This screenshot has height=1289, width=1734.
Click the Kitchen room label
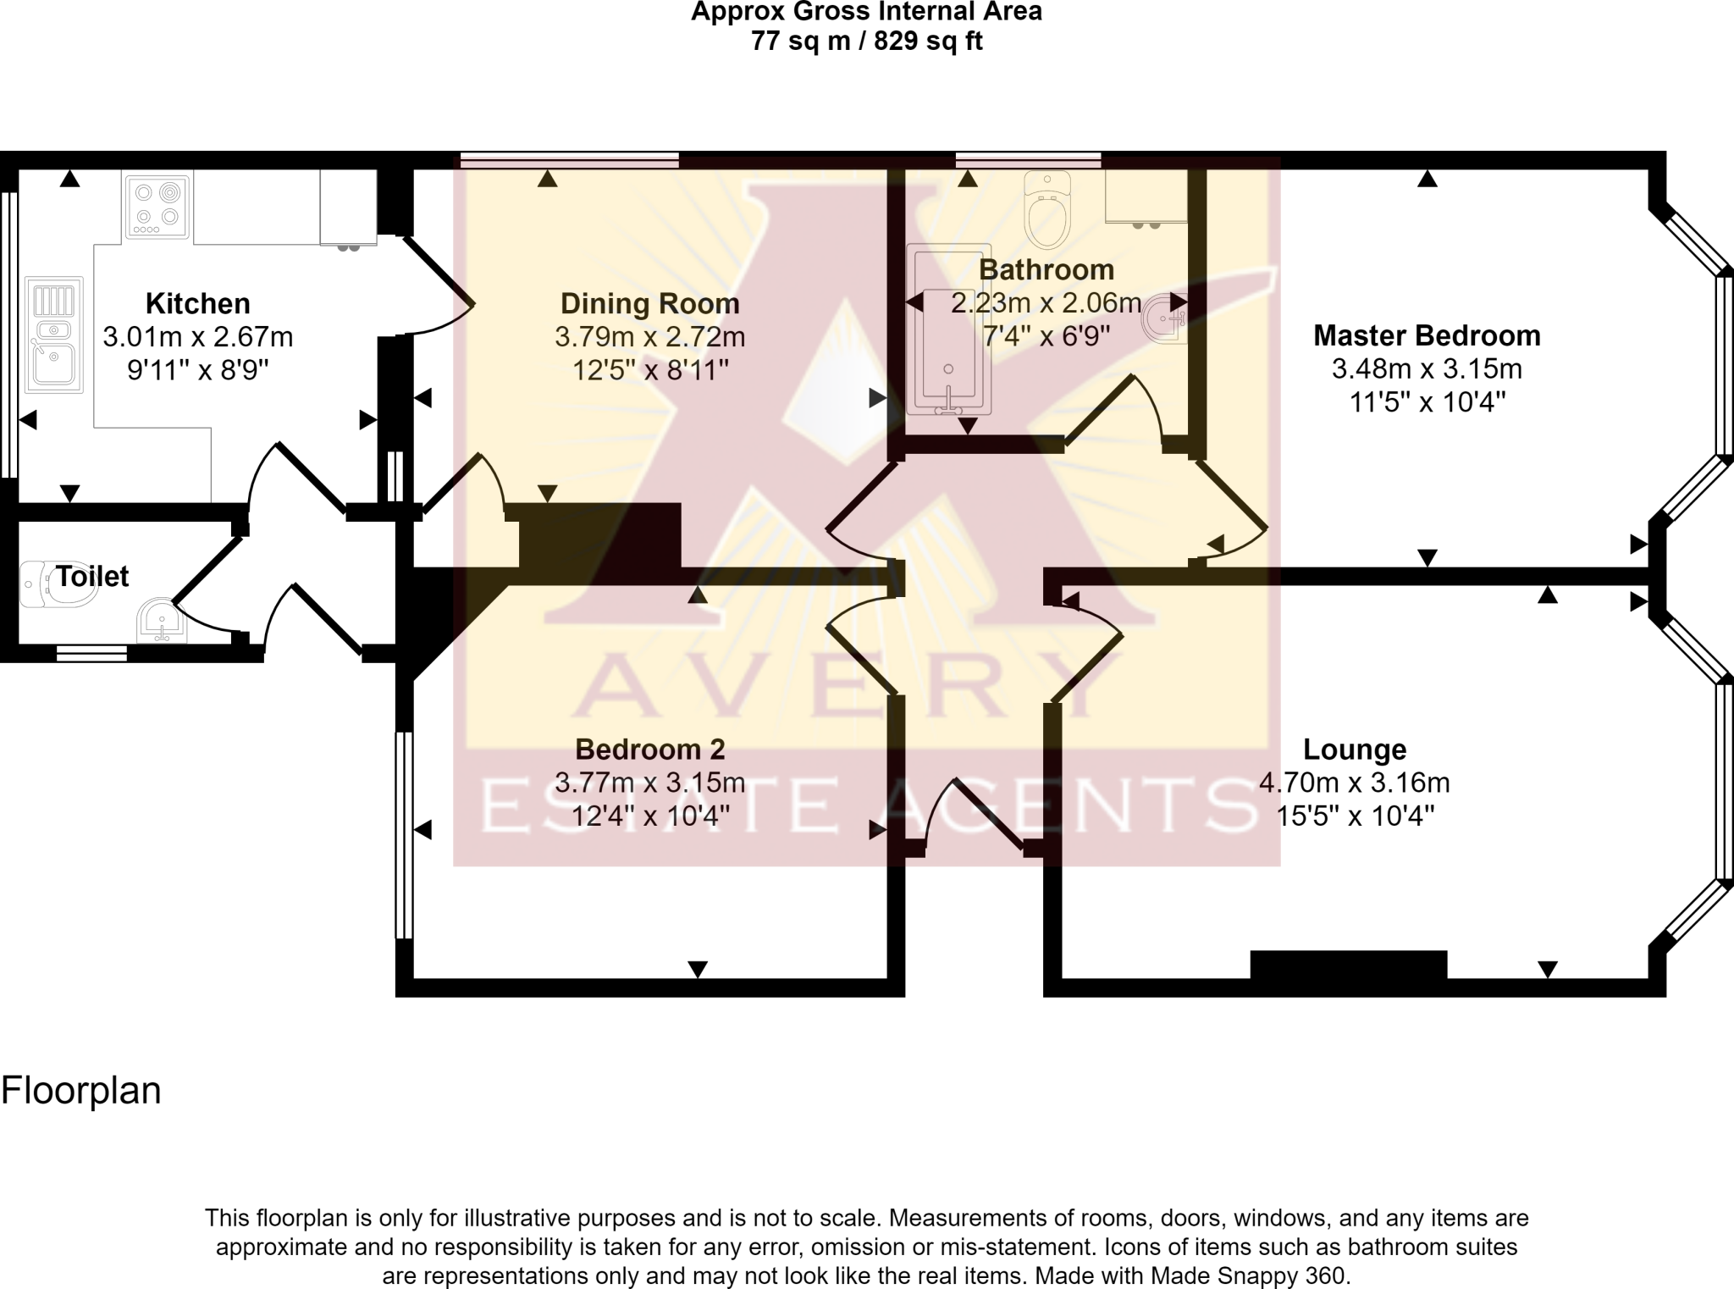[197, 303]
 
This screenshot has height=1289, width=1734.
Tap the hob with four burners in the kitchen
[157, 206]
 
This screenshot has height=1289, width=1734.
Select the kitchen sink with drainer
[54, 335]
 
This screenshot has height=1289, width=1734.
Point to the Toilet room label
[92, 577]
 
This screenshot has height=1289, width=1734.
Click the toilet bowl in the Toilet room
[59, 584]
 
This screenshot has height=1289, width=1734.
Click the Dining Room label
[649, 303]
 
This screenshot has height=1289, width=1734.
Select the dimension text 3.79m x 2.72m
[649, 337]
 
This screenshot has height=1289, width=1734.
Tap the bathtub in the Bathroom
[947, 330]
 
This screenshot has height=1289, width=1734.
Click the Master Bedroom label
[1426, 335]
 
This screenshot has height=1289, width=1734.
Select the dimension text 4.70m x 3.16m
[1354, 783]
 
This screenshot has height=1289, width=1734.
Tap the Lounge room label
[1354, 750]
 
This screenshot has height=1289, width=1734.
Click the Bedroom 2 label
[649, 750]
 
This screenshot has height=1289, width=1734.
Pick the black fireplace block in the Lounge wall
[1348, 964]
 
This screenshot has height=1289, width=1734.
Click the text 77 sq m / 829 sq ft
[866, 41]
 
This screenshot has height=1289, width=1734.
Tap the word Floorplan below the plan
[81, 1090]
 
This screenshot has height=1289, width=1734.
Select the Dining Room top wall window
[570, 158]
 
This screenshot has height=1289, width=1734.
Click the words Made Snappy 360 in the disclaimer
[1247, 1275]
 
